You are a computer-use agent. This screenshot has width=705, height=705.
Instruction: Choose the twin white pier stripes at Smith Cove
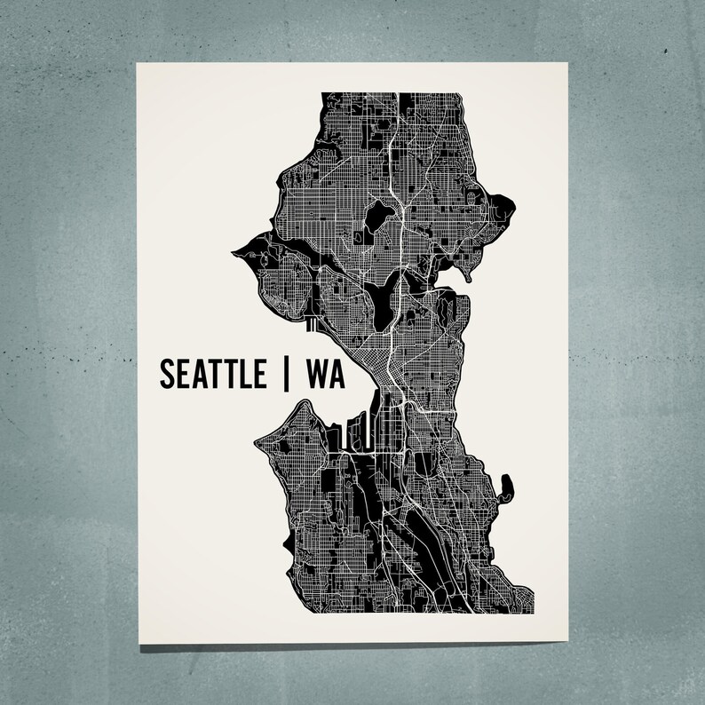pos(311,326)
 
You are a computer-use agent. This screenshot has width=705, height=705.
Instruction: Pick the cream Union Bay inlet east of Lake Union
pos(453,283)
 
